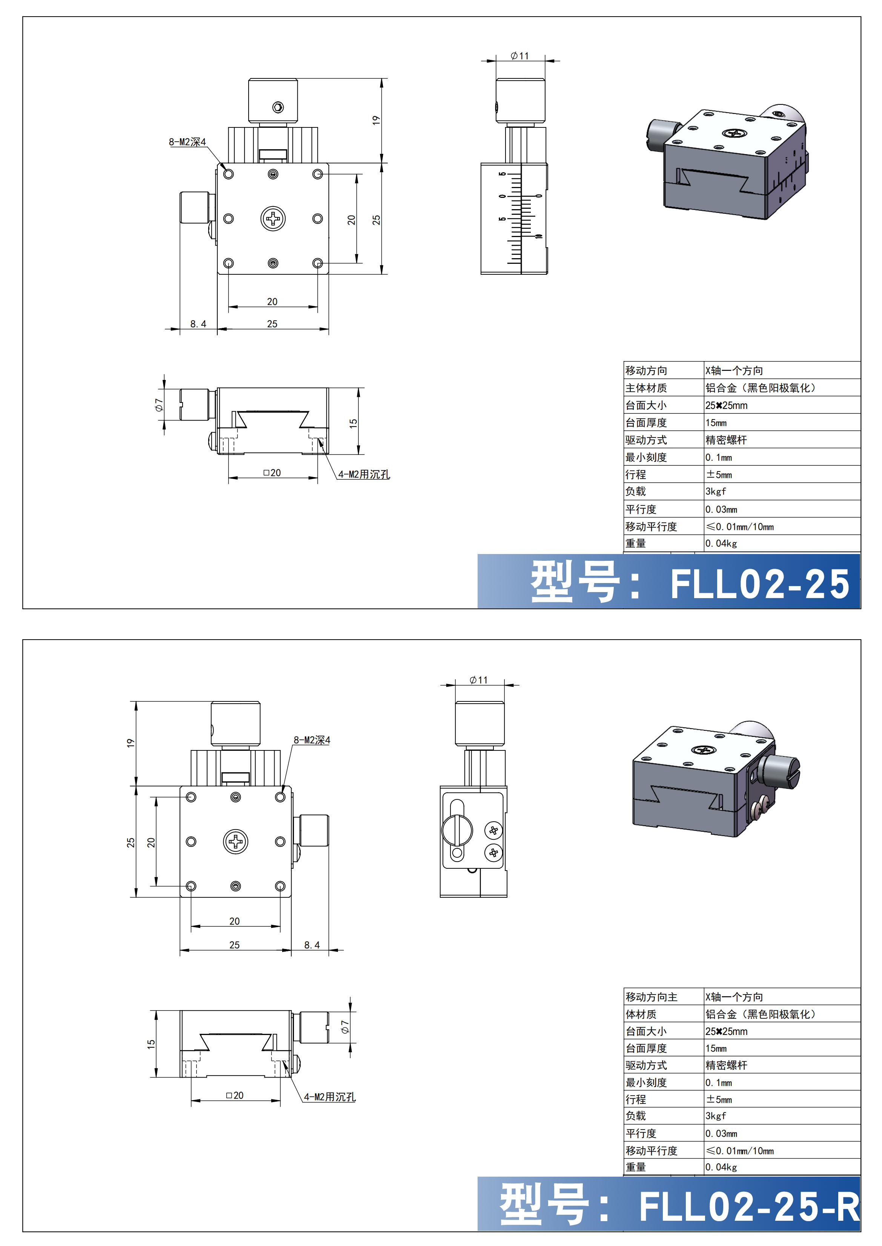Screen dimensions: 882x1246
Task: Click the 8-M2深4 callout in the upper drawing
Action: click(187, 142)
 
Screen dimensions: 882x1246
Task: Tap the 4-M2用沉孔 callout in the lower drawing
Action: click(330, 1097)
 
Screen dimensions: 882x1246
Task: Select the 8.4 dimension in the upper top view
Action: click(198, 324)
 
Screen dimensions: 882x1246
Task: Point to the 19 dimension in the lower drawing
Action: click(131, 743)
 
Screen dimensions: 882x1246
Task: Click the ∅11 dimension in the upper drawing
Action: click(520, 56)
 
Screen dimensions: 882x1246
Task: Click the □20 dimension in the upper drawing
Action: click(272, 473)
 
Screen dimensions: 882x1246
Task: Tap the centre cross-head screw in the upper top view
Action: click(273, 219)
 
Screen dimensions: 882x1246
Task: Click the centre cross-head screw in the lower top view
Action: click(236, 842)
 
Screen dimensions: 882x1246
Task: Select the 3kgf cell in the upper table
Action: click(716, 492)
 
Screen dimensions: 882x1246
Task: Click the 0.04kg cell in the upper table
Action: click(721, 543)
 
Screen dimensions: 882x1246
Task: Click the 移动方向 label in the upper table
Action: click(646, 370)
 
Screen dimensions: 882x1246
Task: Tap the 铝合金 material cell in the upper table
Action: click(761, 388)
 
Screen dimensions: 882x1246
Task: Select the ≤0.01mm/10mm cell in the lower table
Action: click(740, 1151)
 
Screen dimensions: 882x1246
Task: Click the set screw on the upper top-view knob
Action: click(278, 107)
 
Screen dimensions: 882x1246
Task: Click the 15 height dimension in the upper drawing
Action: click(353, 423)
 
